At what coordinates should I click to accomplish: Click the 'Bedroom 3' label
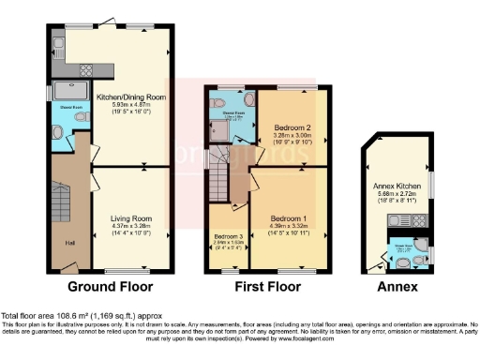pos(228,235)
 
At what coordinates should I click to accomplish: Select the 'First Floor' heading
pos(267,286)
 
